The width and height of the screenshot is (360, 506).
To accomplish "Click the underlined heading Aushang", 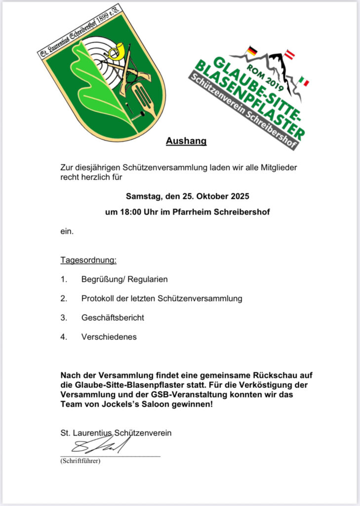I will click(x=186, y=142).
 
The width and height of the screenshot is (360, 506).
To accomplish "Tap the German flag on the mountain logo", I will click(x=252, y=50).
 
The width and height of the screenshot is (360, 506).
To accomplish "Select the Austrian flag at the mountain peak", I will click(x=291, y=54).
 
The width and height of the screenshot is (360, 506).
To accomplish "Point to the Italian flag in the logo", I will click(x=303, y=81).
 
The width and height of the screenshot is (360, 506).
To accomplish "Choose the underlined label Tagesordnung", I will click(x=88, y=260).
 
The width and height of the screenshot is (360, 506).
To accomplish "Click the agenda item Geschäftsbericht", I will click(x=113, y=318).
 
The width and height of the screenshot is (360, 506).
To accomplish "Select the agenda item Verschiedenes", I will click(x=109, y=337).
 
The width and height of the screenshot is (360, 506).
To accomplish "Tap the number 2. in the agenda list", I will click(x=63, y=298).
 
